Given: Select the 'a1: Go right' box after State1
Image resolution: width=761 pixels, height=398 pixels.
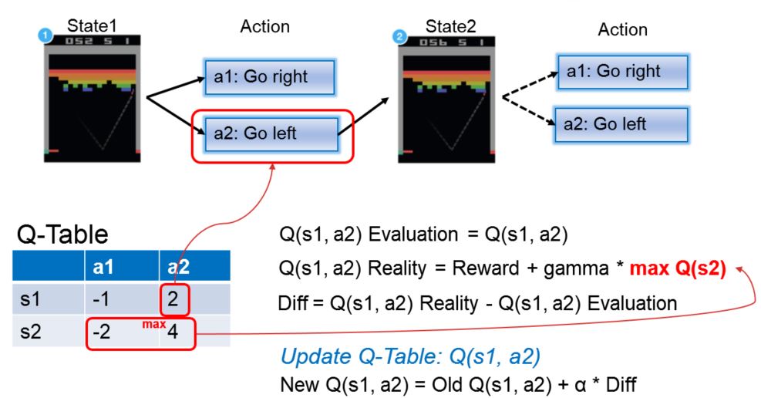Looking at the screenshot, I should click(270, 77).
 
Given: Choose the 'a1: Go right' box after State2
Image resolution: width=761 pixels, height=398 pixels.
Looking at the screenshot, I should click(621, 72).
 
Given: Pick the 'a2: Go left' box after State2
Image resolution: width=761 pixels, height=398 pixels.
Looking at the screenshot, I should click(621, 123).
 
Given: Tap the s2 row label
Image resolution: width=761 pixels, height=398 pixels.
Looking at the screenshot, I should click(31, 330).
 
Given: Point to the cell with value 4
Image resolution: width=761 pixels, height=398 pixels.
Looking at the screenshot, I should click(175, 332).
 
